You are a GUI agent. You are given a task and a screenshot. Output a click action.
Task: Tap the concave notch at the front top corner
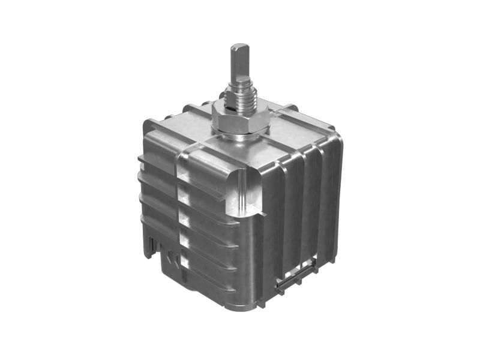point(245,192)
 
